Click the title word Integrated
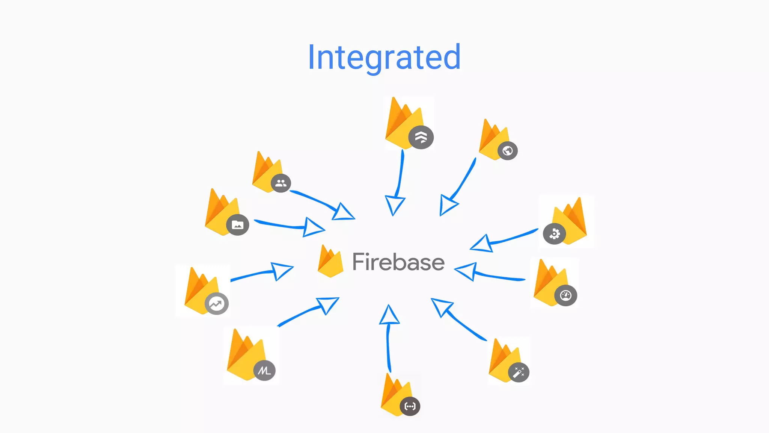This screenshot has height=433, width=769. click(x=384, y=57)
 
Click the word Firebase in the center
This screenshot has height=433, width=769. click(x=398, y=262)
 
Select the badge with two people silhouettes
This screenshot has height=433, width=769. click(x=281, y=183)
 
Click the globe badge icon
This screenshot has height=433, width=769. click(x=508, y=151)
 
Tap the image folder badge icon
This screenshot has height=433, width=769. click(x=237, y=225)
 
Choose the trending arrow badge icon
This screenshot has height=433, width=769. click(x=216, y=303)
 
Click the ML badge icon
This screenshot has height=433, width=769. click(x=264, y=371)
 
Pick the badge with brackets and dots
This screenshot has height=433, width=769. click(x=410, y=406)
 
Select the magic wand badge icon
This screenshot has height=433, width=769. click(x=519, y=372)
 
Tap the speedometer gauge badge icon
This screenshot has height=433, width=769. click(x=565, y=295)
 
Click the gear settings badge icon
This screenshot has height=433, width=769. click(x=554, y=234)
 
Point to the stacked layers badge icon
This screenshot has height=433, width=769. click(x=421, y=137)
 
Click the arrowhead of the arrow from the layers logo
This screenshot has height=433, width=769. click(x=394, y=205)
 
